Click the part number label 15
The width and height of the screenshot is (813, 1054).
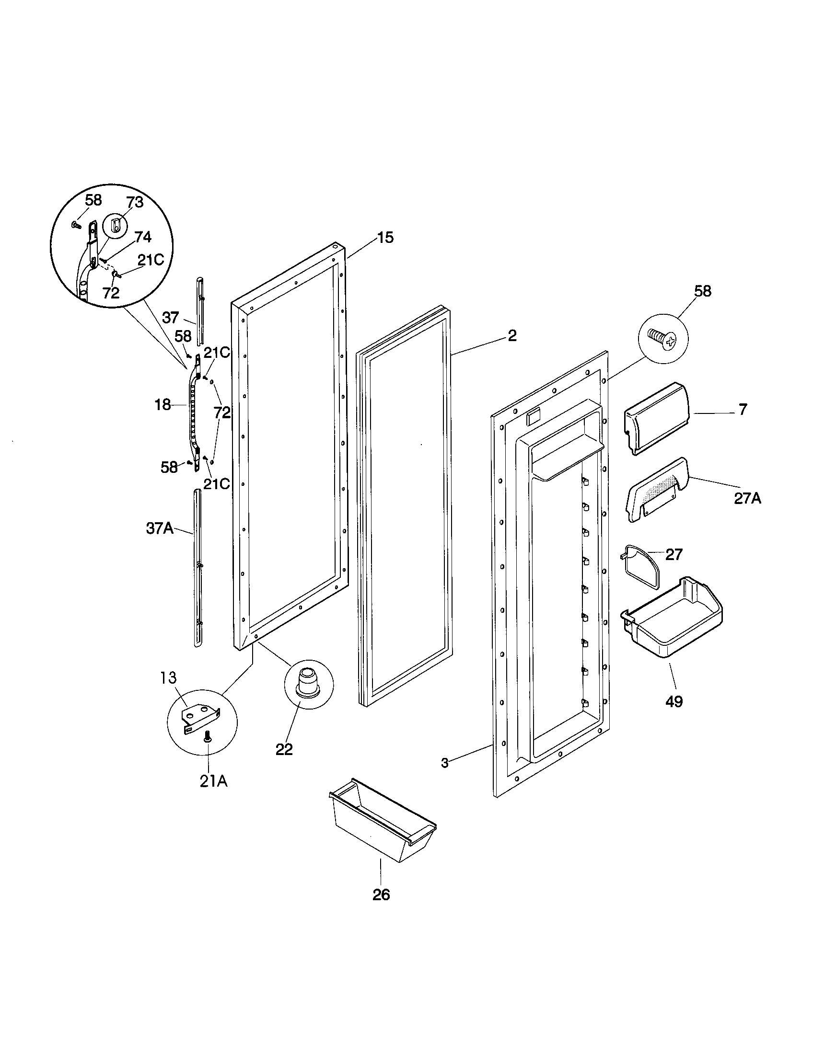[385, 238]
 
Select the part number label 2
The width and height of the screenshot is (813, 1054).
[512, 335]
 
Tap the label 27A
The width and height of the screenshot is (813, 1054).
[747, 499]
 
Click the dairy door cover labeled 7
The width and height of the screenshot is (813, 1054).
[657, 417]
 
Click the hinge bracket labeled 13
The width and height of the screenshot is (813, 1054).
[201, 719]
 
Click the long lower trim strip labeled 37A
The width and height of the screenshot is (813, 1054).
[197, 567]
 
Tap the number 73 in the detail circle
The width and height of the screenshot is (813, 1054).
[135, 203]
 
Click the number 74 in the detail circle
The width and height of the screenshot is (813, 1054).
[142, 237]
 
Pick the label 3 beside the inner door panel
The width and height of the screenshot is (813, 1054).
[445, 763]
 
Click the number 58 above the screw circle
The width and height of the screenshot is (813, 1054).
[702, 291]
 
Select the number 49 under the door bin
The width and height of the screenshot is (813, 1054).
[674, 701]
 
